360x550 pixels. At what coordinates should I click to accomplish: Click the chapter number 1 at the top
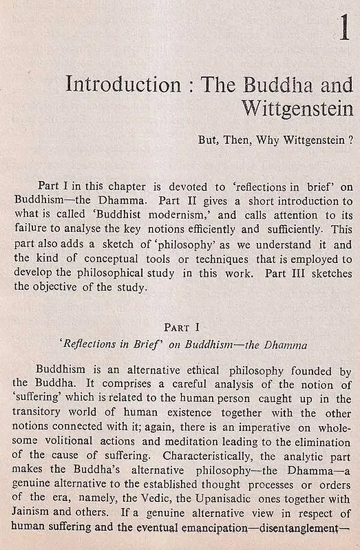(x=344, y=31)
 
